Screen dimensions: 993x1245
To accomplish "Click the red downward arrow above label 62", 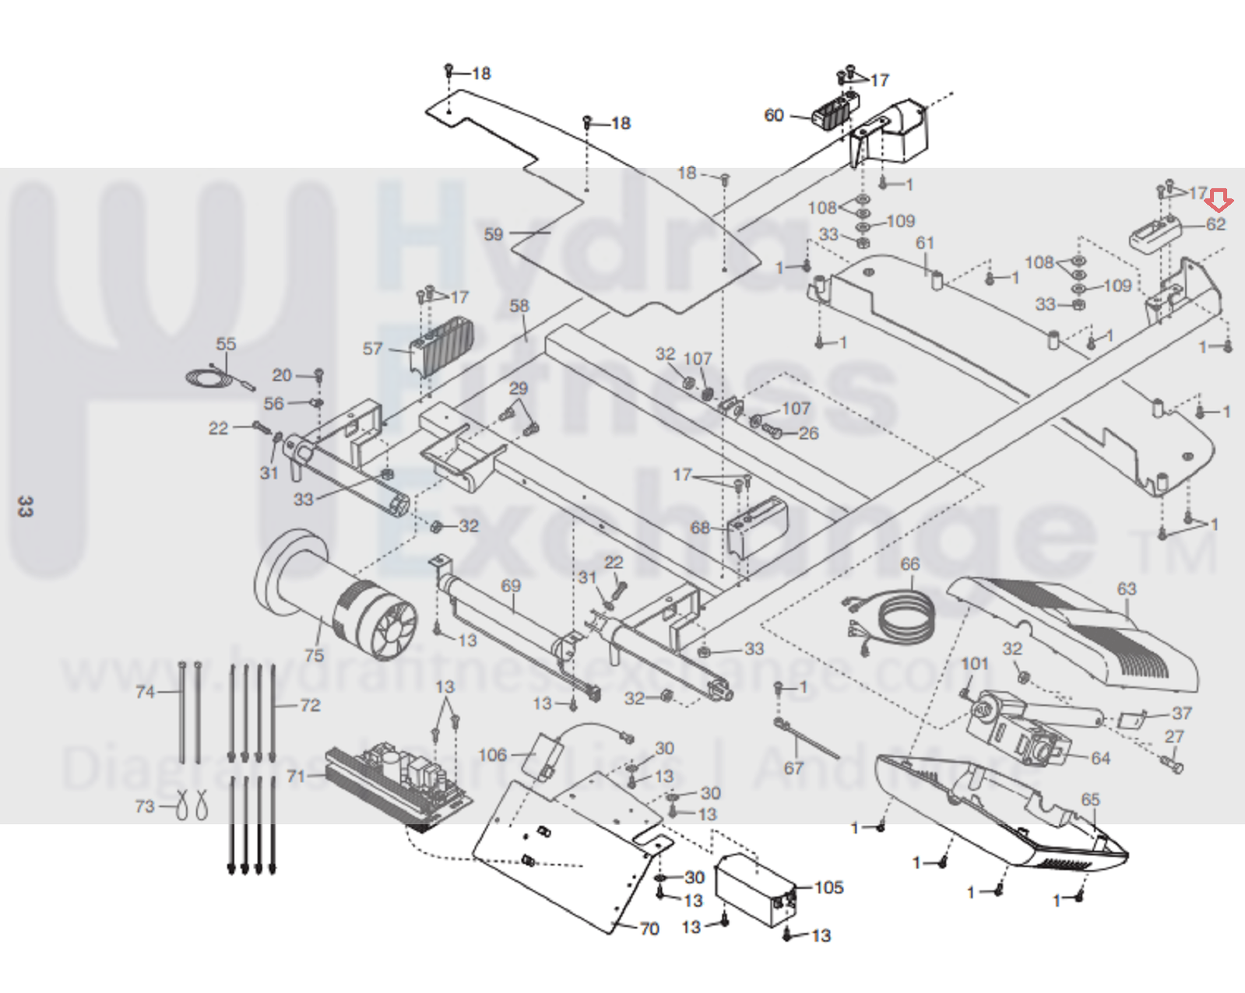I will [x=1219, y=201].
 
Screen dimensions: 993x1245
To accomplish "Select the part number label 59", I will [x=494, y=234].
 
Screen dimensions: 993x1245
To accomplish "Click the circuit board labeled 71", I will [x=397, y=782].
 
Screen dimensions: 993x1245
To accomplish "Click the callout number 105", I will [x=828, y=887].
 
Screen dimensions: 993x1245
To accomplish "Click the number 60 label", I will [x=773, y=115].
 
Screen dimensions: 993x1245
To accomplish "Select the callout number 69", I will [x=511, y=585].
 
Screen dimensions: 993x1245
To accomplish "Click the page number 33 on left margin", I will [x=25, y=507].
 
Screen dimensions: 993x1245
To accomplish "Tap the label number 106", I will [x=492, y=755].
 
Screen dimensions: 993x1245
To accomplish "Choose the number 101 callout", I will [x=974, y=664].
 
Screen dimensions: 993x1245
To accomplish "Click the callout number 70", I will [x=649, y=928].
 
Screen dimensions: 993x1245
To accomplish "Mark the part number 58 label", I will [x=519, y=306].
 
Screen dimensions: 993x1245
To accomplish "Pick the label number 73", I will [x=145, y=806].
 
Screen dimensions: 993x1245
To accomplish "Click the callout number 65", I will [x=1090, y=800].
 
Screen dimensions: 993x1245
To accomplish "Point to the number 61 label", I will [x=924, y=243].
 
